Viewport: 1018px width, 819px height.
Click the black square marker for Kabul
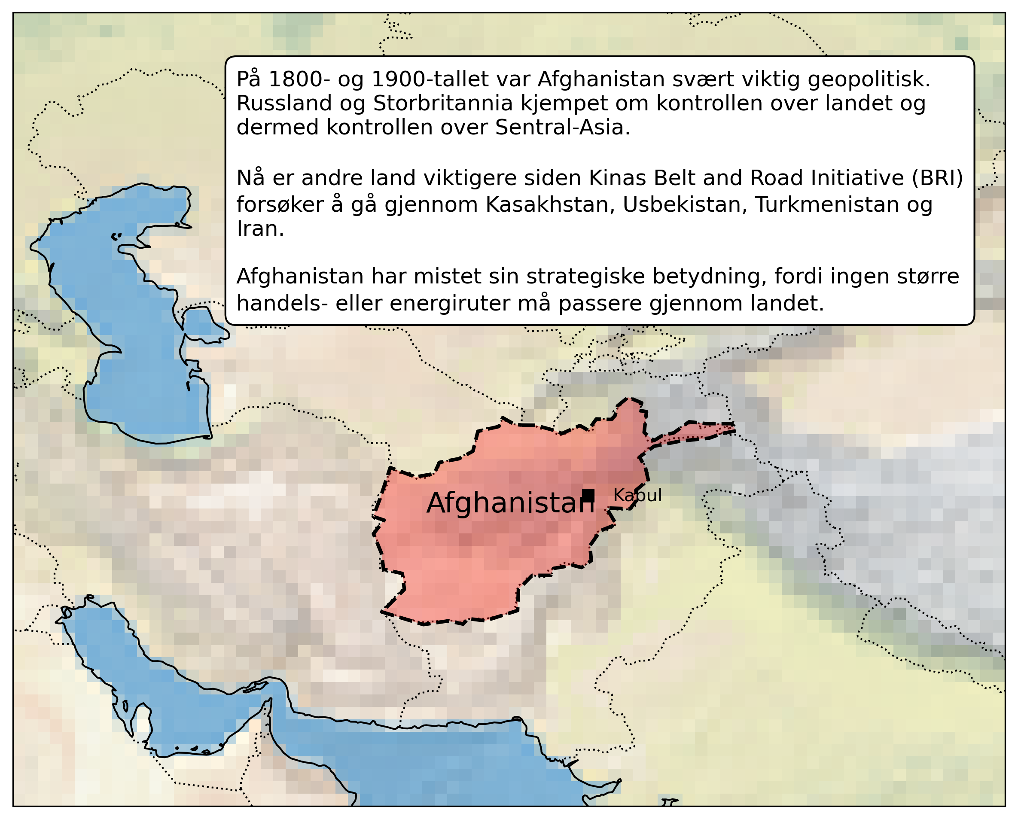(588, 496)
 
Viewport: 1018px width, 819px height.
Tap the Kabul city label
(637, 495)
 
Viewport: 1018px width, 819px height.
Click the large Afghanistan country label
(510, 503)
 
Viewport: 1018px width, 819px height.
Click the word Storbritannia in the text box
(443, 104)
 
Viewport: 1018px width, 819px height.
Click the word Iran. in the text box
(260, 229)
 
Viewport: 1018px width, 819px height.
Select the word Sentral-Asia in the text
(562, 128)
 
